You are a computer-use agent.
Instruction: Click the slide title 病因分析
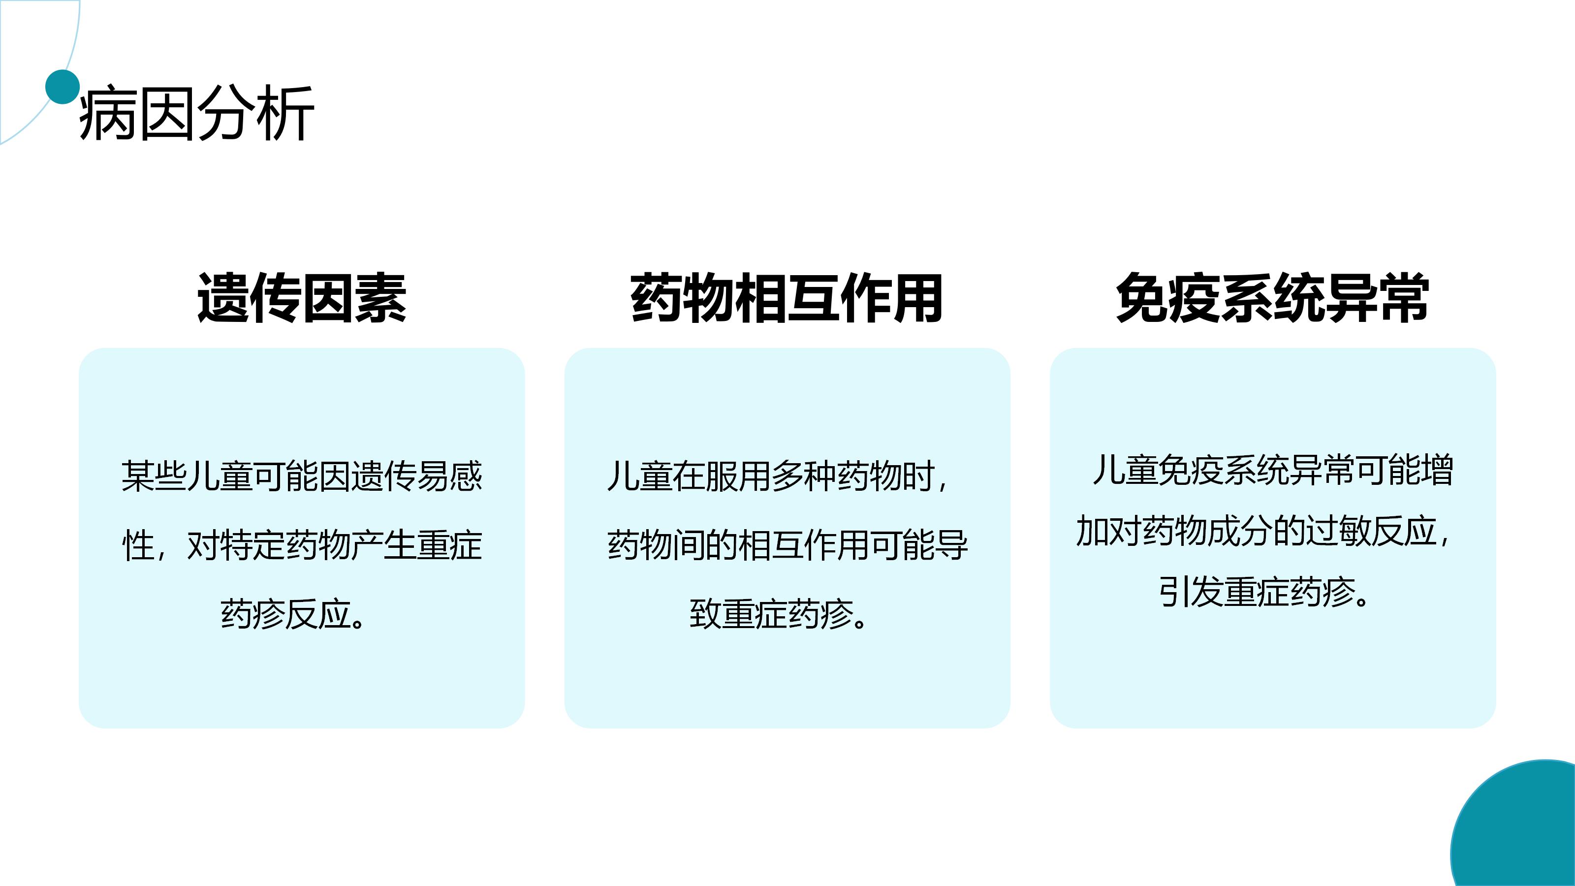pyautogui.click(x=196, y=114)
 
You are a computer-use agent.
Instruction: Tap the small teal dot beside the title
pyautogui.click(x=63, y=87)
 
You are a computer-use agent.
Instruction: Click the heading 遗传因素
pyautogui.click(x=301, y=298)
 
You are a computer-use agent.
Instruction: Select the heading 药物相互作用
pyautogui.click(x=787, y=298)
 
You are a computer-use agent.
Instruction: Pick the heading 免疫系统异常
pyautogui.click(x=1272, y=298)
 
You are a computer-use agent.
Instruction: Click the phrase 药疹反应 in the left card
pyautogui.click(x=285, y=614)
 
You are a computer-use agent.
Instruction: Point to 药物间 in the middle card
pyautogui.click(x=656, y=545)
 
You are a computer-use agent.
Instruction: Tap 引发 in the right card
pyautogui.click(x=1191, y=592)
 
